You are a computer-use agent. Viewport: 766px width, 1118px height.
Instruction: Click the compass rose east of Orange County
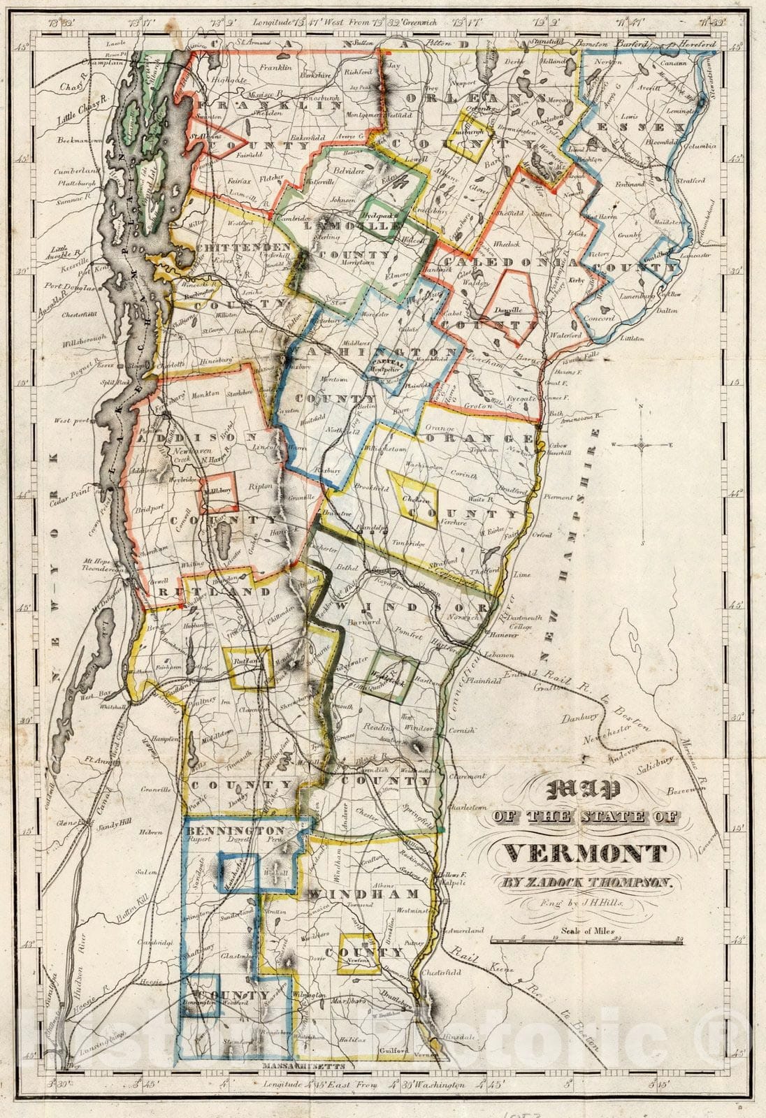tap(641, 443)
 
